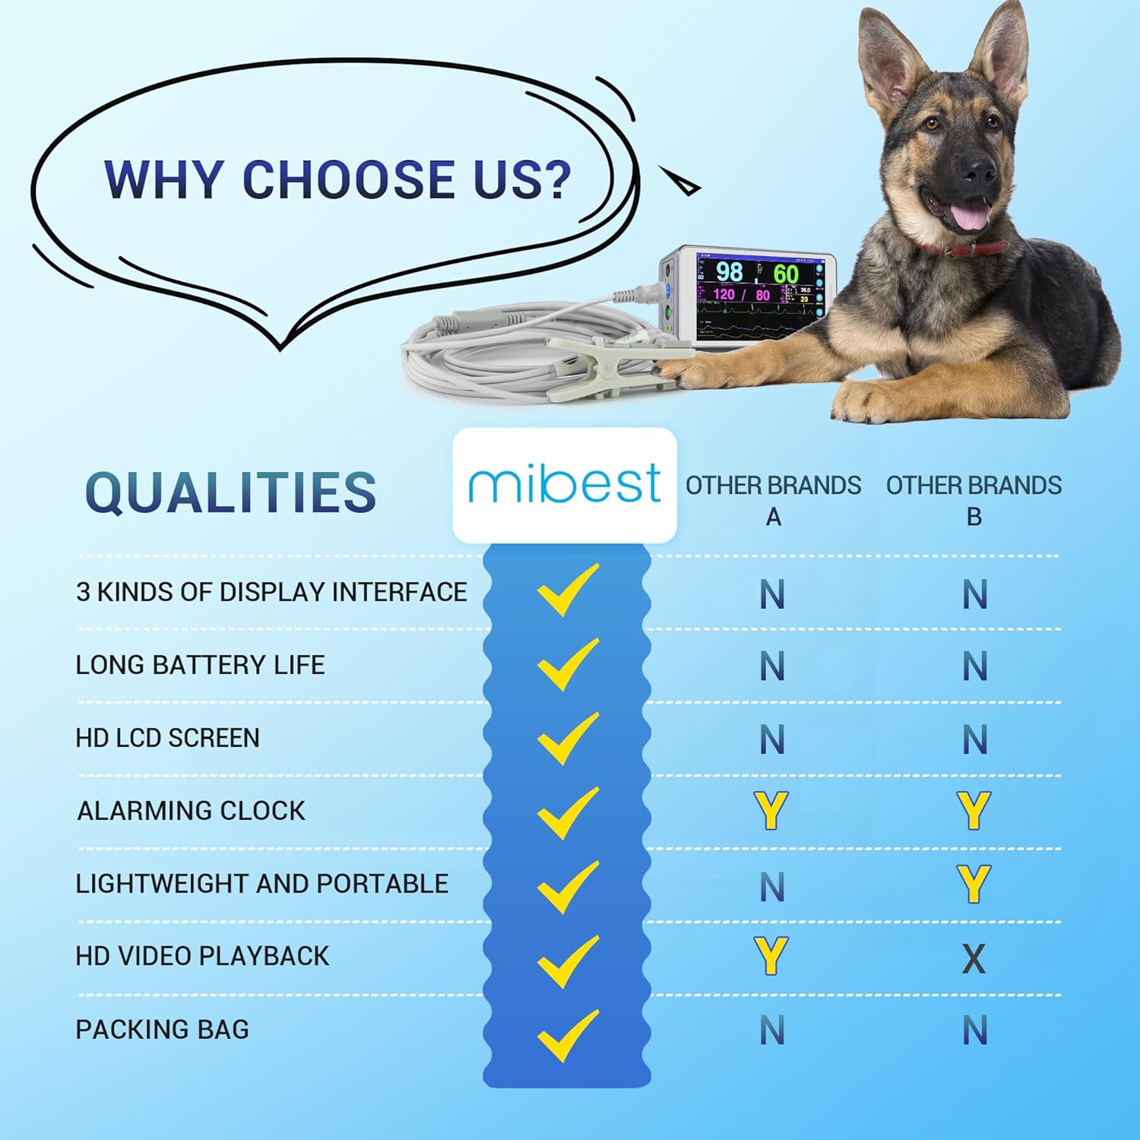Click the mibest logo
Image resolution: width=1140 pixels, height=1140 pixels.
(x=564, y=484)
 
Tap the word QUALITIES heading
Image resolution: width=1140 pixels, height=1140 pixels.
(x=231, y=492)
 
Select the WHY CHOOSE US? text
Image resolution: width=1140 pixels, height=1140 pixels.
(x=337, y=179)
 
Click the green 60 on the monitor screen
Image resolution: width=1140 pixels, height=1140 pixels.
(x=786, y=274)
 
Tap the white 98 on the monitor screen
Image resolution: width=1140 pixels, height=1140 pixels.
(x=729, y=271)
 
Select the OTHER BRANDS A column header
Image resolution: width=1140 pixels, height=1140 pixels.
(x=773, y=500)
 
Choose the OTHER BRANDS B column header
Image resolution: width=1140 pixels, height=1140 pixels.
(x=974, y=500)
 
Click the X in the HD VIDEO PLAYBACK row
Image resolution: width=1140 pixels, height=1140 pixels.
(x=974, y=958)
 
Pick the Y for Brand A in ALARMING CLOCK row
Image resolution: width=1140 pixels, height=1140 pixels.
(x=771, y=810)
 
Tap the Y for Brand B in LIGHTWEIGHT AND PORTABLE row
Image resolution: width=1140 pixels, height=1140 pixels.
(x=974, y=884)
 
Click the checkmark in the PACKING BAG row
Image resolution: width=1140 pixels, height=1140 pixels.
(x=568, y=1034)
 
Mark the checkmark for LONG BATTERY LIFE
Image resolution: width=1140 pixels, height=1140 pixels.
(x=568, y=664)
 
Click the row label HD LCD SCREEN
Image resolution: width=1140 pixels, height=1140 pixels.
(x=167, y=738)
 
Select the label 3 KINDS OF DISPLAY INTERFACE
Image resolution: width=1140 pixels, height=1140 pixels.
(x=271, y=592)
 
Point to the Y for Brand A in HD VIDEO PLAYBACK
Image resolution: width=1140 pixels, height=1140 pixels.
(x=771, y=956)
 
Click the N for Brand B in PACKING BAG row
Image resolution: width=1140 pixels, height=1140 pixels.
(x=975, y=1031)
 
